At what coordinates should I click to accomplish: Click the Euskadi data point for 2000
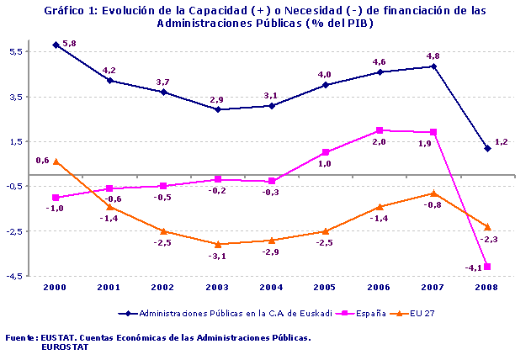(56, 45)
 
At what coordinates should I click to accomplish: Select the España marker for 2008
(487, 267)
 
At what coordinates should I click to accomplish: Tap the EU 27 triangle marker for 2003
(217, 244)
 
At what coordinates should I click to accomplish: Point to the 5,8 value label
(70, 43)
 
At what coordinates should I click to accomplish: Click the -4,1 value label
(472, 268)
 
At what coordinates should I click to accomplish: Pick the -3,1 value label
(217, 256)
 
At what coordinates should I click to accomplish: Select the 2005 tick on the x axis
(325, 287)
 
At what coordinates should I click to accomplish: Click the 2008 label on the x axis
(486, 287)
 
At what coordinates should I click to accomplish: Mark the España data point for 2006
(379, 130)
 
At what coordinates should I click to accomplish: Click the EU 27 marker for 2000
(56, 161)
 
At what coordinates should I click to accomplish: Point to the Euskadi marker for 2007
(433, 66)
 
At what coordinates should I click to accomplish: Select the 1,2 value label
(501, 142)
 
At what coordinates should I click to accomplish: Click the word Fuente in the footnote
(20, 336)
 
